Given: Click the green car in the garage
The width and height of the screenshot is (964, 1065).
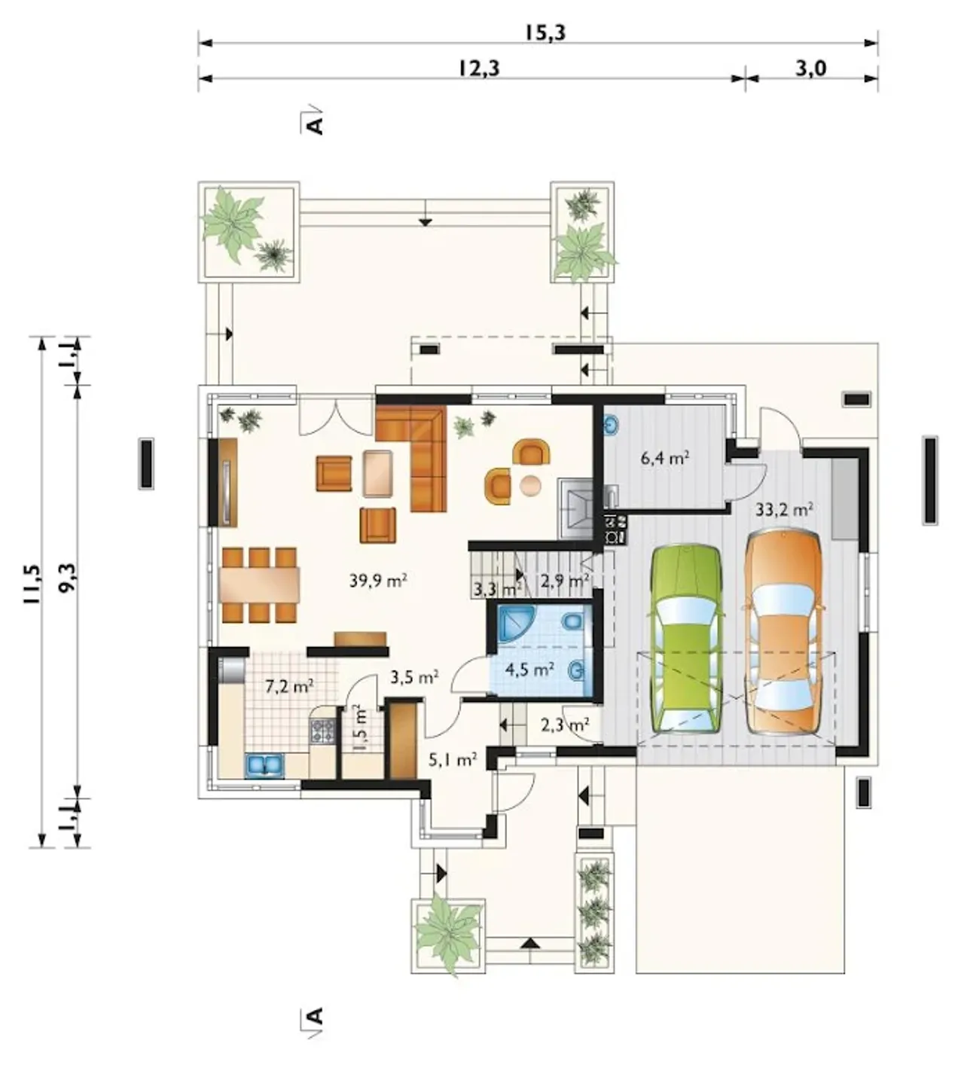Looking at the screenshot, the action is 685,640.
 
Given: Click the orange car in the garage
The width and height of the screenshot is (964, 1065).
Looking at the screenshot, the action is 785,632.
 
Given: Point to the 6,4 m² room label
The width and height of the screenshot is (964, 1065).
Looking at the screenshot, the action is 665,458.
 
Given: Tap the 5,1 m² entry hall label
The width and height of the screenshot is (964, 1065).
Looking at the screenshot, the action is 453,760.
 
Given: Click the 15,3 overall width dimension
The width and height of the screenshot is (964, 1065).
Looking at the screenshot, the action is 545,33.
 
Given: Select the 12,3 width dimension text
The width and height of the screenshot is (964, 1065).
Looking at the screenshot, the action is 479,69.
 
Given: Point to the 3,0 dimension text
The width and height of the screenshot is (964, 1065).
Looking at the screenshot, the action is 810,69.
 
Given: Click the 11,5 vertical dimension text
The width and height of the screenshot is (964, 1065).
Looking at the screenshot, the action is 31,585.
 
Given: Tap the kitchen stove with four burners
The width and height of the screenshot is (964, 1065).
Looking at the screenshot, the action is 323,730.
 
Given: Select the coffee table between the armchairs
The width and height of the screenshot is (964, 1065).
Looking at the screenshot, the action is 378,473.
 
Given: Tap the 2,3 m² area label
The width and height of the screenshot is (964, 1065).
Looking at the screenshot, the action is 565,724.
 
